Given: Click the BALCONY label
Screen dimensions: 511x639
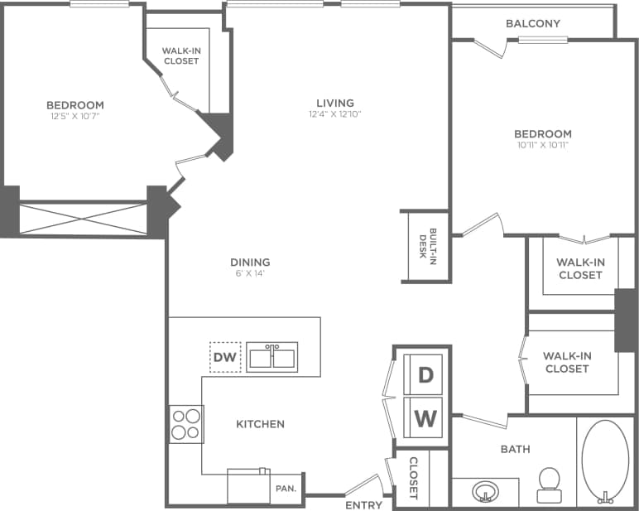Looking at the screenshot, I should pos(533,23).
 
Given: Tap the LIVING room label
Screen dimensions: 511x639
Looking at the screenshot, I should pos(335,103).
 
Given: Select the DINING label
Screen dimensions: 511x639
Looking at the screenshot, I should pos(250,263).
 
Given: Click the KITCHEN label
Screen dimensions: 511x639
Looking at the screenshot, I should pos(260,424).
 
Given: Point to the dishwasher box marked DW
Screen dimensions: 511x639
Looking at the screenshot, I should pos(225,358).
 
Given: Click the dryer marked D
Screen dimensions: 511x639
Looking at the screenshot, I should pos(425,375).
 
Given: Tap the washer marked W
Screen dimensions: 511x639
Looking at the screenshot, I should pos(425,418).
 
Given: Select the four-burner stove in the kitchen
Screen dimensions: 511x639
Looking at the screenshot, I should pos(185,423).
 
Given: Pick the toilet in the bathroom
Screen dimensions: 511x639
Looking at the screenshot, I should pos(549,484).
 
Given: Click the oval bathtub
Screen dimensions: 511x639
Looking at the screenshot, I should pos(605,460).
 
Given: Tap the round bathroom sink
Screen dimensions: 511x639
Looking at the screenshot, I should pos(486,493).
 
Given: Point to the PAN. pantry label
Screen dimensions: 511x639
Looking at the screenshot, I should pos(286,489).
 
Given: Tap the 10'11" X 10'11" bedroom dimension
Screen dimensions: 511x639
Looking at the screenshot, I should pos(542,145).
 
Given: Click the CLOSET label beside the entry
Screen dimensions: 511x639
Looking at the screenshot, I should pos(413,479).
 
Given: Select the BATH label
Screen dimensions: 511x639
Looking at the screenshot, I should pos(515,450).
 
